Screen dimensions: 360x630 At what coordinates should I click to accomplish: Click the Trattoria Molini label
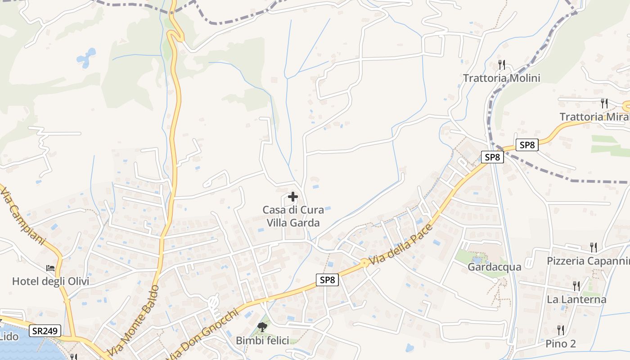[x=501, y=78]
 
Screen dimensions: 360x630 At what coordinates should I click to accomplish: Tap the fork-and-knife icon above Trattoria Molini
[x=502, y=65]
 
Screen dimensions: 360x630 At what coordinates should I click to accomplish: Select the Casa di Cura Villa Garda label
[x=293, y=216]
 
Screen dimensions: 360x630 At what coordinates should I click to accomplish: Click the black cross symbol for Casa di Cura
[x=293, y=197]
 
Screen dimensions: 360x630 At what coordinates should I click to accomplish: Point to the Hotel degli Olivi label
[x=50, y=282]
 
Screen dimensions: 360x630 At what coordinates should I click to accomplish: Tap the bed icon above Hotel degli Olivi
[x=50, y=268]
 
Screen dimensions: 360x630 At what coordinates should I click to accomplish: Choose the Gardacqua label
[x=495, y=267]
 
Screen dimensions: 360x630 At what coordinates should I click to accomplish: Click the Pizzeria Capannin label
[x=588, y=261]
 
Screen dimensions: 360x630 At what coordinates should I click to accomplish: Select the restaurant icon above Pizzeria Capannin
[x=594, y=247]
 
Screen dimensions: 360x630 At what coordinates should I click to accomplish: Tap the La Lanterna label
[x=576, y=299]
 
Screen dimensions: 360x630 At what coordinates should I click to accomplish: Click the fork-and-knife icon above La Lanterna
[x=576, y=285]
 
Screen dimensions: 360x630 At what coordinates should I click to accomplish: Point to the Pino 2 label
[x=561, y=344]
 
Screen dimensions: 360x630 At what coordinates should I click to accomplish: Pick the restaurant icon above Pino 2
[x=561, y=330]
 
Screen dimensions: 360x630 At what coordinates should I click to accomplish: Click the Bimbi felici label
[x=262, y=341]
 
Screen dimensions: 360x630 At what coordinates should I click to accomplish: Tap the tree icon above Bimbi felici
[x=262, y=327]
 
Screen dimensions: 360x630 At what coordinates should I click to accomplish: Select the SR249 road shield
[x=45, y=331]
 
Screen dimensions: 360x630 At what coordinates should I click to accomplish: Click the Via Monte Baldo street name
[x=134, y=320]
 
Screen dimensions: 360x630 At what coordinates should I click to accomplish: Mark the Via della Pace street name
[x=400, y=245]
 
